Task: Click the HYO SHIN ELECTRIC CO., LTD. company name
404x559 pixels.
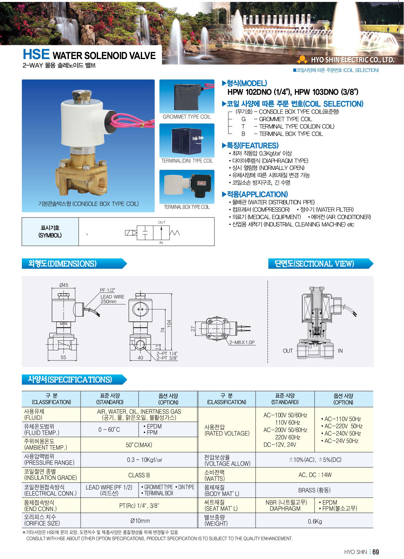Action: (x=353, y=60)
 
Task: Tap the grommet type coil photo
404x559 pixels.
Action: (x=187, y=96)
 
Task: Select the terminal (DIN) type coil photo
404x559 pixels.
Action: (x=187, y=141)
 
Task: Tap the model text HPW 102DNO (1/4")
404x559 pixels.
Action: (x=259, y=92)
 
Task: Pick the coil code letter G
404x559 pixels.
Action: (x=244, y=119)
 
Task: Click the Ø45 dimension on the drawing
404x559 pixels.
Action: (x=64, y=285)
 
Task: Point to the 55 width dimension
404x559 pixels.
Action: (x=63, y=357)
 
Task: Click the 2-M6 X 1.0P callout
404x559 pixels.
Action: (x=242, y=342)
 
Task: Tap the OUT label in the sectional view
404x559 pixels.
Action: (x=288, y=351)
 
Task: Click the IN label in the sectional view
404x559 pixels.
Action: (x=340, y=351)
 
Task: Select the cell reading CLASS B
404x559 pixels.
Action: (x=139, y=475)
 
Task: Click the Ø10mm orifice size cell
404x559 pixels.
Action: (x=140, y=520)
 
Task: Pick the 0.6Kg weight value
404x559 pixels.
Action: (x=315, y=521)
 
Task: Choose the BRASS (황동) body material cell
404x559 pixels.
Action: (x=314, y=490)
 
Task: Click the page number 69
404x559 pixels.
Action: (x=376, y=552)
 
